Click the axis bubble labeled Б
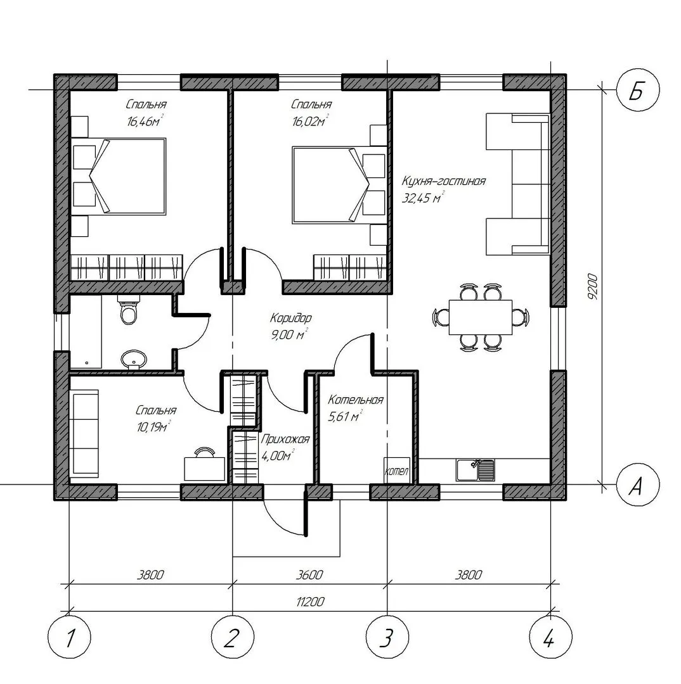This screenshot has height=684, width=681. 638,91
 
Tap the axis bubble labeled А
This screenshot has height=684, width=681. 638,484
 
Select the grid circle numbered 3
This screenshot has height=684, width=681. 387,637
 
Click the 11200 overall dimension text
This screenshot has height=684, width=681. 310,602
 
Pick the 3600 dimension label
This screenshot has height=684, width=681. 309,575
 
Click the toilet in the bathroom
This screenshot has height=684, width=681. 129,309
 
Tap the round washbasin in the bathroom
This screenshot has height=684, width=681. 134,360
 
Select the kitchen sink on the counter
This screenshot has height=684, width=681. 476,470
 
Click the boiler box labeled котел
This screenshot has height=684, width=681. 397,470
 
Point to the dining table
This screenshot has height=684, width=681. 481,317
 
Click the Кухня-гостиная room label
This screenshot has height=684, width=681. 443,181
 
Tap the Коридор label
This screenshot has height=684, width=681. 290,317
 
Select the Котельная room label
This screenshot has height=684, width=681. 356,400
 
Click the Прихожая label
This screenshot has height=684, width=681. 285,439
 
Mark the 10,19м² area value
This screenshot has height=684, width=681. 153,427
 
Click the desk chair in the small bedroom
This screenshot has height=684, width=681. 204,452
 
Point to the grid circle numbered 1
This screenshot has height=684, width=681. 70,637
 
